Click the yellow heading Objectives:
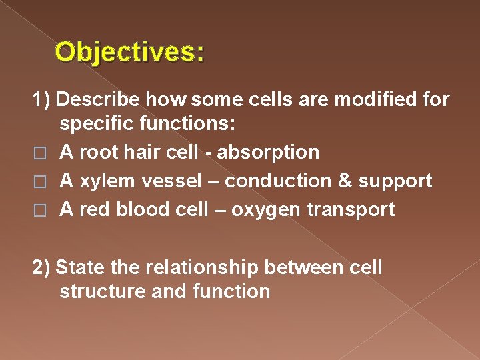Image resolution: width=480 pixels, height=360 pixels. point(130,51)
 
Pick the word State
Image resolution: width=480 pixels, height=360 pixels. point(75,268)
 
